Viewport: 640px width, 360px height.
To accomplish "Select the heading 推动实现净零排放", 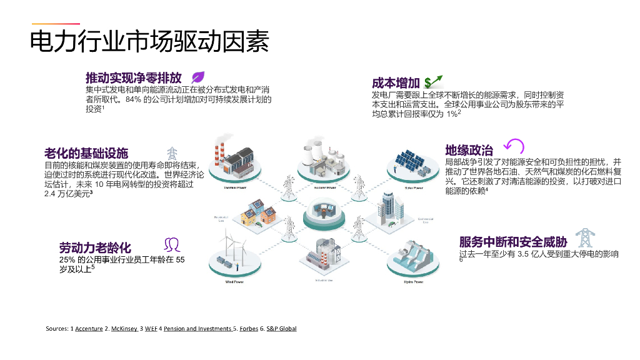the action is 134,78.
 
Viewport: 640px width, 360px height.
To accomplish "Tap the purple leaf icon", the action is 199,77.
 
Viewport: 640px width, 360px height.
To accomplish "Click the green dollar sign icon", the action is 432,82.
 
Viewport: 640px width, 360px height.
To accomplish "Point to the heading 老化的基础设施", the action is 86,153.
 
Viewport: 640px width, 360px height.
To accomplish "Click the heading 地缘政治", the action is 469,150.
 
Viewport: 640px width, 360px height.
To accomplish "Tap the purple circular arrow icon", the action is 514,146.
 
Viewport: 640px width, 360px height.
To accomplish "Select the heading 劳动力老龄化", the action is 95,247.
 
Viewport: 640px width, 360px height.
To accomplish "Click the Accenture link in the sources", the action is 89,329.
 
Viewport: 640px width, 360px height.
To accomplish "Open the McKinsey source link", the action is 124,329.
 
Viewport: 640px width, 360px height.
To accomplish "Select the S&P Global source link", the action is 281,329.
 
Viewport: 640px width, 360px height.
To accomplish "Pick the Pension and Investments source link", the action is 197,329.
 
